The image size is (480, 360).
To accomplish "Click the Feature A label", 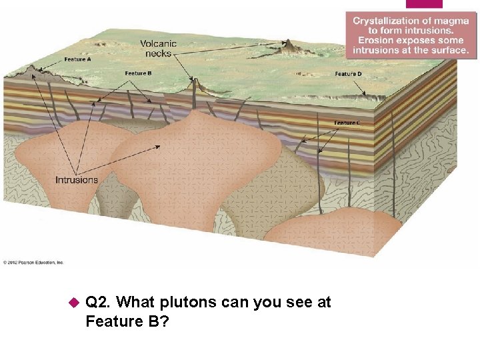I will [77, 59].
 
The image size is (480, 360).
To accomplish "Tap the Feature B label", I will [139, 73].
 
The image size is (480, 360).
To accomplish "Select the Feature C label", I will [348, 123].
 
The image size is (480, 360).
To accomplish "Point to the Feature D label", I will [349, 73].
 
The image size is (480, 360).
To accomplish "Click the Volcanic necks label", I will [158, 49].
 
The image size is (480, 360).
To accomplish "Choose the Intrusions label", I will [76, 179].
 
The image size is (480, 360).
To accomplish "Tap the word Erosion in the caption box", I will [373, 41].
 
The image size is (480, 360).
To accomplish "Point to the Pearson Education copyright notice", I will [33, 262].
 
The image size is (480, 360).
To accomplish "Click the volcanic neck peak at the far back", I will [289, 46].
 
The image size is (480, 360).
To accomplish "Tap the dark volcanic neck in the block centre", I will [194, 86].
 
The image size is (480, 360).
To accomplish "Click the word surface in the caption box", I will [448, 50].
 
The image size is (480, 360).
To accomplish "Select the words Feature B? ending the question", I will [126, 322].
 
